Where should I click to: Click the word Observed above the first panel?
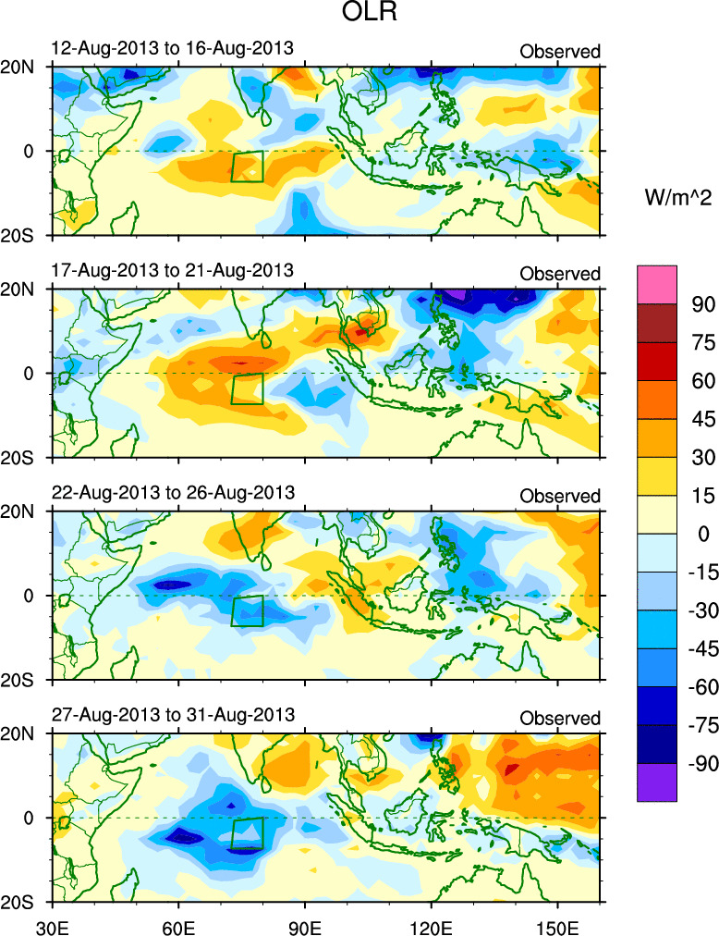click(560, 51)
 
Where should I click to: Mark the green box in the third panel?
click(247, 611)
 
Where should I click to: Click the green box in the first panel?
click(247, 166)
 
